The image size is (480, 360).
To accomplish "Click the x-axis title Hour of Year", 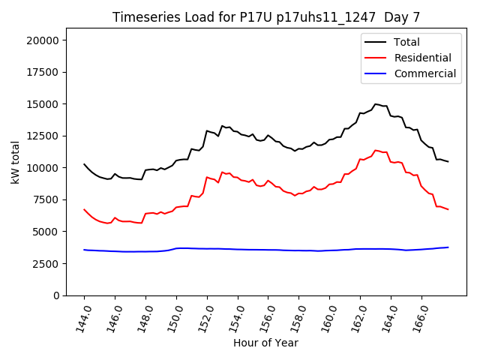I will [x=265, y=343].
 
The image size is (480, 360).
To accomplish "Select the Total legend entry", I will [x=407, y=42].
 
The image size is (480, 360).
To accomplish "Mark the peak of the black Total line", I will [x=376, y=104].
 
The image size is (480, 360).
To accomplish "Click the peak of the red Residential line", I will [x=376, y=150].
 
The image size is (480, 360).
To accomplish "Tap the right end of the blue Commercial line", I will [x=448, y=247].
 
